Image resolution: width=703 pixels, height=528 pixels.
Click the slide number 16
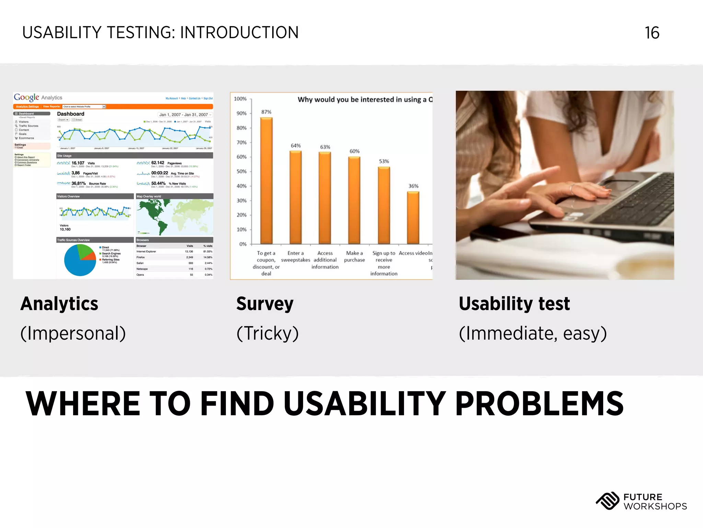pyautogui.click(x=652, y=33)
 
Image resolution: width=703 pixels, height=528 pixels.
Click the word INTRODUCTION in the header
pyautogui.click(x=239, y=33)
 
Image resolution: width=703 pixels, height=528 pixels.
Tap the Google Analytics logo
pyautogui.click(x=38, y=98)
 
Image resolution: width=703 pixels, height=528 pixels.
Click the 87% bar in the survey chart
pyautogui.click(x=266, y=181)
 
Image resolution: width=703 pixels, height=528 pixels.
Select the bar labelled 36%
pyautogui.click(x=413, y=218)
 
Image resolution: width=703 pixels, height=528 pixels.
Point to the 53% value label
pyautogui.click(x=384, y=161)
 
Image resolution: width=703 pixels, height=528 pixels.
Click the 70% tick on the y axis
pyautogui.click(x=242, y=142)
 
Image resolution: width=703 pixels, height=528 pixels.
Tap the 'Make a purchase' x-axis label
pyautogui.click(x=354, y=256)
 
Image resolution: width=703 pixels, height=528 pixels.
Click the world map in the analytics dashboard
pyautogui.click(x=174, y=217)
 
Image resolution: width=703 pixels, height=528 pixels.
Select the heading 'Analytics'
pyautogui.click(x=59, y=304)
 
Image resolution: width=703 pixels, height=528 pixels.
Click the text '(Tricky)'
pyautogui.click(x=267, y=333)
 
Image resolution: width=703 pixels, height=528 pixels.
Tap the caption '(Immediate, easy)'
pyautogui.click(x=533, y=333)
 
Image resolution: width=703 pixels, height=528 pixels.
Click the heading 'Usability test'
pyautogui.click(x=514, y=304)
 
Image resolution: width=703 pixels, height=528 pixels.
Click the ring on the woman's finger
pyautogui.click(x=572, y=188)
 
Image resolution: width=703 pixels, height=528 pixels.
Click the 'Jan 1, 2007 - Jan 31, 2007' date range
pyautogui.click(x=184, y=115)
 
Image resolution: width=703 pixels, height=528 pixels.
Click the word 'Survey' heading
pyautogui.click(x=265, y=304)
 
